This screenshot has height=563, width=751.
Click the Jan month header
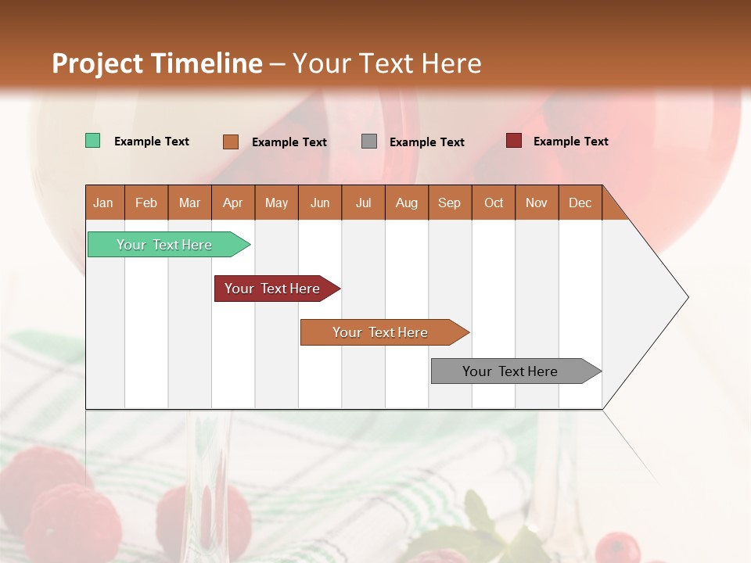pos(104,203)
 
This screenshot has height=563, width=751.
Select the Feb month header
pos(146,203)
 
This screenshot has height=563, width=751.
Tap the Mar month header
pos(189,203)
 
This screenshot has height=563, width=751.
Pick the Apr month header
pos(233,203)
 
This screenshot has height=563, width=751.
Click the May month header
pos(276,203)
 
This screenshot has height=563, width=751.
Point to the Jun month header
pos(320,203)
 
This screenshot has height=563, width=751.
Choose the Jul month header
pos(363,203)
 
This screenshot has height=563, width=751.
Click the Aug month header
pos(407,203)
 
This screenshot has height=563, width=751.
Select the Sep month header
pos(450,203)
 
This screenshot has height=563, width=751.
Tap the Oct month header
pos(494,203)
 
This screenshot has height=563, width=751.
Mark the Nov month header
pos(537,203)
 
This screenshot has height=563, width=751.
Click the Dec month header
pos(580,203)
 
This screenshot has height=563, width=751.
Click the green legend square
pos(93,141)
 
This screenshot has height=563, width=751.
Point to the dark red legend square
pos(514,141)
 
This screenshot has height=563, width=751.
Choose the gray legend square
pos(369,142)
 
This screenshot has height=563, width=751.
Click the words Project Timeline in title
pos(157,63)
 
